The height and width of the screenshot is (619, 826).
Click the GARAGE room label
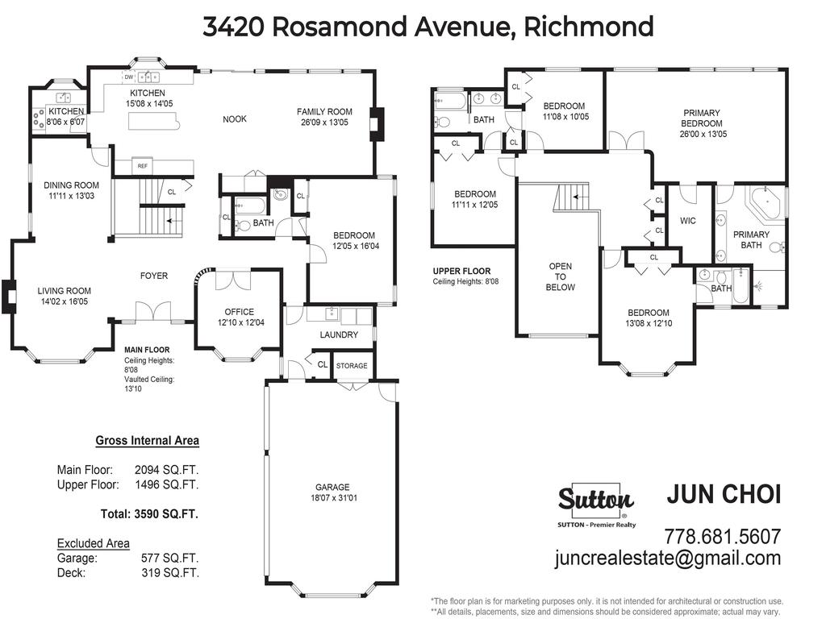click(x=332, y=487)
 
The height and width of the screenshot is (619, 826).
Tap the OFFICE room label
click(x=239, y=312)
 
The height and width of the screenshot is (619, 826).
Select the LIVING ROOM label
click(x=64, y=291)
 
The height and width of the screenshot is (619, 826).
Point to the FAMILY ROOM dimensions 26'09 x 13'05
click(x=324, y=123)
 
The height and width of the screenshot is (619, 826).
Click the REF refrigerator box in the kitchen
click(x=142, y=166)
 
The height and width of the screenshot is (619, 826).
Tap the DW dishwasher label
click(x=128, y=77)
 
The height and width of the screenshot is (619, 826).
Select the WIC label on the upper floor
click(x=687, y=221)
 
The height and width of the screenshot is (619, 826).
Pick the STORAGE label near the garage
click(x=352, y=366)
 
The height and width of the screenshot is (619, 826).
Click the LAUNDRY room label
click(x=339, y=334)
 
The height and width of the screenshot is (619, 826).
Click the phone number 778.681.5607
click(x=722, y=536)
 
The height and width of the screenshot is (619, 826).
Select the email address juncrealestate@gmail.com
click(x=667, y=558)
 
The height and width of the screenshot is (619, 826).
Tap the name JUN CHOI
click(x=724, y=494)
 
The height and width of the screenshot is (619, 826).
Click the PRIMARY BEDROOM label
click(x=701, y=118)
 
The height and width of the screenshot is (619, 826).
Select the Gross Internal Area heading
click(x=147, y=440)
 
